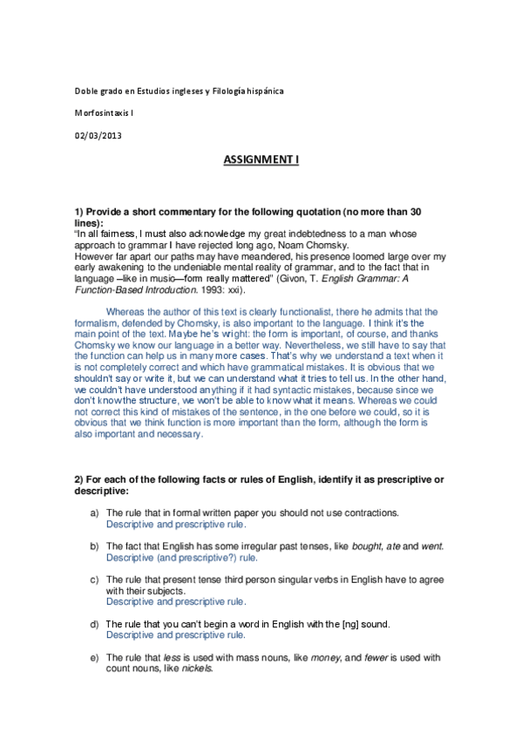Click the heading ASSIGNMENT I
coord(261,160)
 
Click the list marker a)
coord(95,514)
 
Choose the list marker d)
coord(95,624)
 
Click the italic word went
coord(430,546)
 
